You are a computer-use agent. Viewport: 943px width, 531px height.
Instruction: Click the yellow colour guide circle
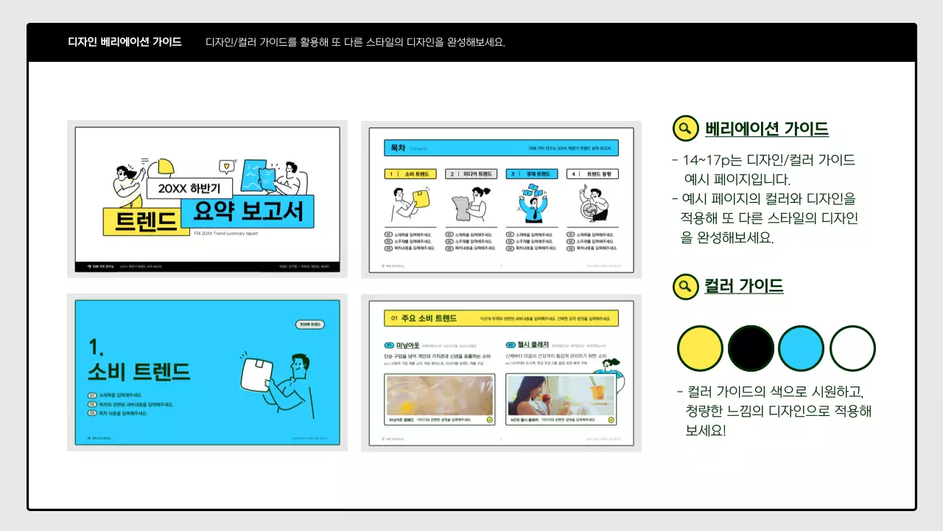coord(699,348)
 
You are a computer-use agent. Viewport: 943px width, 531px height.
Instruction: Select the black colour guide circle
coord(751,348)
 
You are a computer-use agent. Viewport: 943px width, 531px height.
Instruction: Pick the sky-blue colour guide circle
coord(801,348)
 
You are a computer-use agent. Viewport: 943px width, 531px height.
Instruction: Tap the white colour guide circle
coord(852,348)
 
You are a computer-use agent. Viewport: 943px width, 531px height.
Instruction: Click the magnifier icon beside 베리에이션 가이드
coord(685,128)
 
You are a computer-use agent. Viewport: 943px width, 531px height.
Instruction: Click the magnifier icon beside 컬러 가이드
coord(685,286)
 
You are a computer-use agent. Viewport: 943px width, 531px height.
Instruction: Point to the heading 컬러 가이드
coord(744,286)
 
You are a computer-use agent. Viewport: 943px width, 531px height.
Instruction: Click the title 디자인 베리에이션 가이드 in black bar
coord(125,42)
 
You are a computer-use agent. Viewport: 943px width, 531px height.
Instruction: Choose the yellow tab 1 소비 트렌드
coord(410,174)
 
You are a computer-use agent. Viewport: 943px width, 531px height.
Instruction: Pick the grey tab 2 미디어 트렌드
coord(471,174)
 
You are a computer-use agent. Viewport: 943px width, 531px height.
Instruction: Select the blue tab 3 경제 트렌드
coord(531,174)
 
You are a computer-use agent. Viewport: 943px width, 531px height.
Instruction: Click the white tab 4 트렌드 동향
coord(592,174)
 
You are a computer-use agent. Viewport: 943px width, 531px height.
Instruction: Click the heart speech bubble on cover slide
coord(227,166)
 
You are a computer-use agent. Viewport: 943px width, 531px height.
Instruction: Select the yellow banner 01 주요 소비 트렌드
coord(501,319)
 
